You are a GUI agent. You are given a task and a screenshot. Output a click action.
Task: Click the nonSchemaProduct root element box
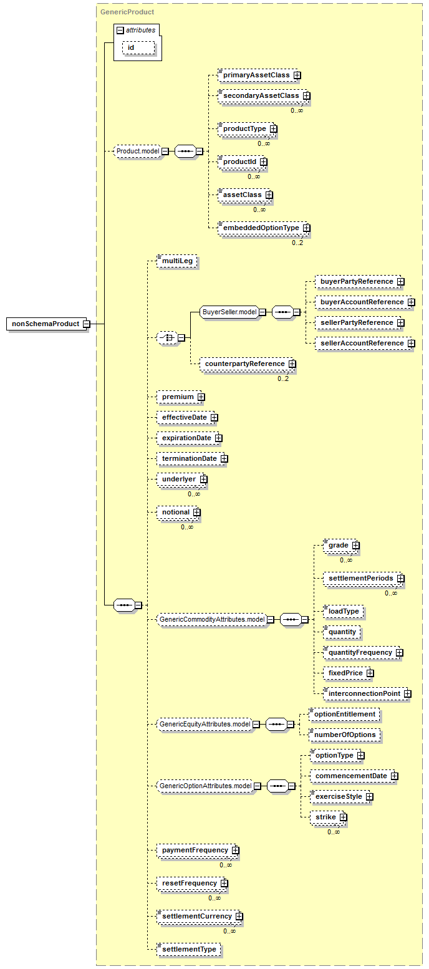[46, 324]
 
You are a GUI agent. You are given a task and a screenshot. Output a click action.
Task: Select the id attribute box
[138, 47]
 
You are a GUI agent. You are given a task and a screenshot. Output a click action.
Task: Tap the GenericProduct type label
[127, 12]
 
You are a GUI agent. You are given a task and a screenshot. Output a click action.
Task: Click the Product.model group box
[138, 151]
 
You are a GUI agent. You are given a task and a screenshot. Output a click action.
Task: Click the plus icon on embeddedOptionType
[307, 228]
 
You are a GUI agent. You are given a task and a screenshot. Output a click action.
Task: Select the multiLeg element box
[177, 261]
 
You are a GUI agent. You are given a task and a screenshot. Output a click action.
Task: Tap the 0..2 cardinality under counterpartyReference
[283, 378]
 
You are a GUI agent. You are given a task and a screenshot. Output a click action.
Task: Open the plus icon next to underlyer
[204, 480]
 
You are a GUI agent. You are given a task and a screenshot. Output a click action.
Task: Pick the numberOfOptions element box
[345, 735]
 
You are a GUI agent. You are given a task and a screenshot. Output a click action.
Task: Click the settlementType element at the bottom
[189, 949]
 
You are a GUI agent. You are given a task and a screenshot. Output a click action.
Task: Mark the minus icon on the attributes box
[121, 31]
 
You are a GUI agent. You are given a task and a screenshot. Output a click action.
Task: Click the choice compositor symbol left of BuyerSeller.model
[167, 337]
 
